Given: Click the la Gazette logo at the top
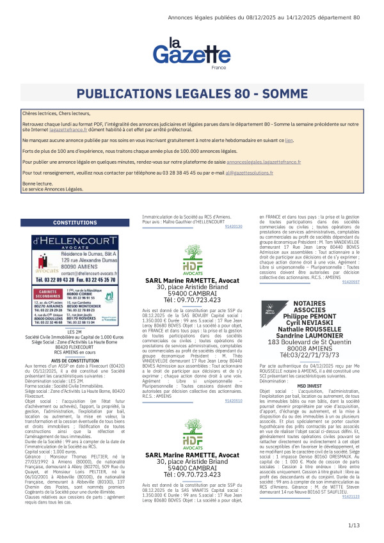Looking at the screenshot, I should [x=191, y=53].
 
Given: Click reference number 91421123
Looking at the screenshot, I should [x=351, y=514].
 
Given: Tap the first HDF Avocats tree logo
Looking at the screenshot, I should [x=193, y=256].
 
